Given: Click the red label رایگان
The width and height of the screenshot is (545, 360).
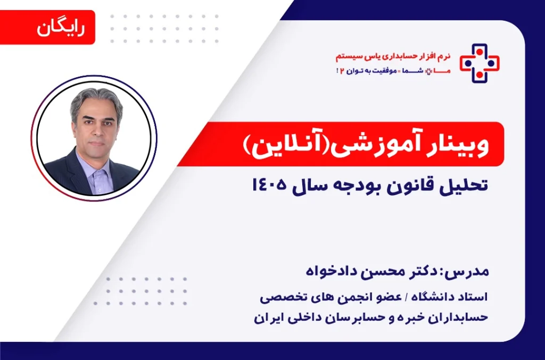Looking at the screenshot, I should (x=61, y=27).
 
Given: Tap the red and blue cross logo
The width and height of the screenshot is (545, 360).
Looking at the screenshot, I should (x=480, y=63).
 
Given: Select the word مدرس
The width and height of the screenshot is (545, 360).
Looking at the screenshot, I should (x=472, y=273).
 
